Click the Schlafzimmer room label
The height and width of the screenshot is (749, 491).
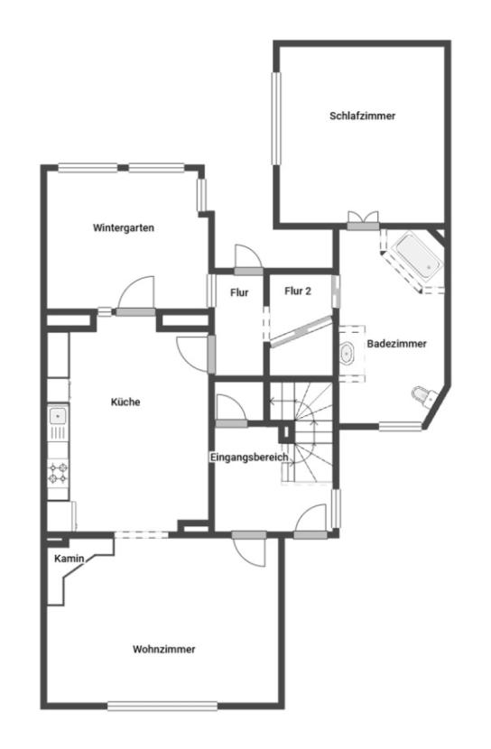click(363, 116)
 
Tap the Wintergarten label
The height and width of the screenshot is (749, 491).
click(124, 227)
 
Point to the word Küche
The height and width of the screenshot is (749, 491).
click(125, 402)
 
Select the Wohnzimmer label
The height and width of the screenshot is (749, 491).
click(164, 649)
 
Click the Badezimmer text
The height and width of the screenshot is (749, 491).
click(396, 344)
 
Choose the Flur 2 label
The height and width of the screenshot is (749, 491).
click(298, 291)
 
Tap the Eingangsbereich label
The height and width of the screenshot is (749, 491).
click(249, 458)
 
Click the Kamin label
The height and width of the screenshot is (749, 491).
click(69, 559)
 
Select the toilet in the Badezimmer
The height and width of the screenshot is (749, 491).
click(424, 396)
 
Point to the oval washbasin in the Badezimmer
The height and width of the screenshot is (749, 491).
click(347, 354)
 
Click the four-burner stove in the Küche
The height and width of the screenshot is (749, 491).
click(59, 474)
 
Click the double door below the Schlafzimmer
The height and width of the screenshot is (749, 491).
click(363, 221)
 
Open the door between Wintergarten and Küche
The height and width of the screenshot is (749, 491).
click(136, 297)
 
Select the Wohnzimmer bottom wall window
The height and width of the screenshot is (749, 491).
click(162, 706)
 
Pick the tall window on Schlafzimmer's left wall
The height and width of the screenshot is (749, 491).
click(276, 118)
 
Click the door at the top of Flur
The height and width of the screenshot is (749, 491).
click(248, 260)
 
